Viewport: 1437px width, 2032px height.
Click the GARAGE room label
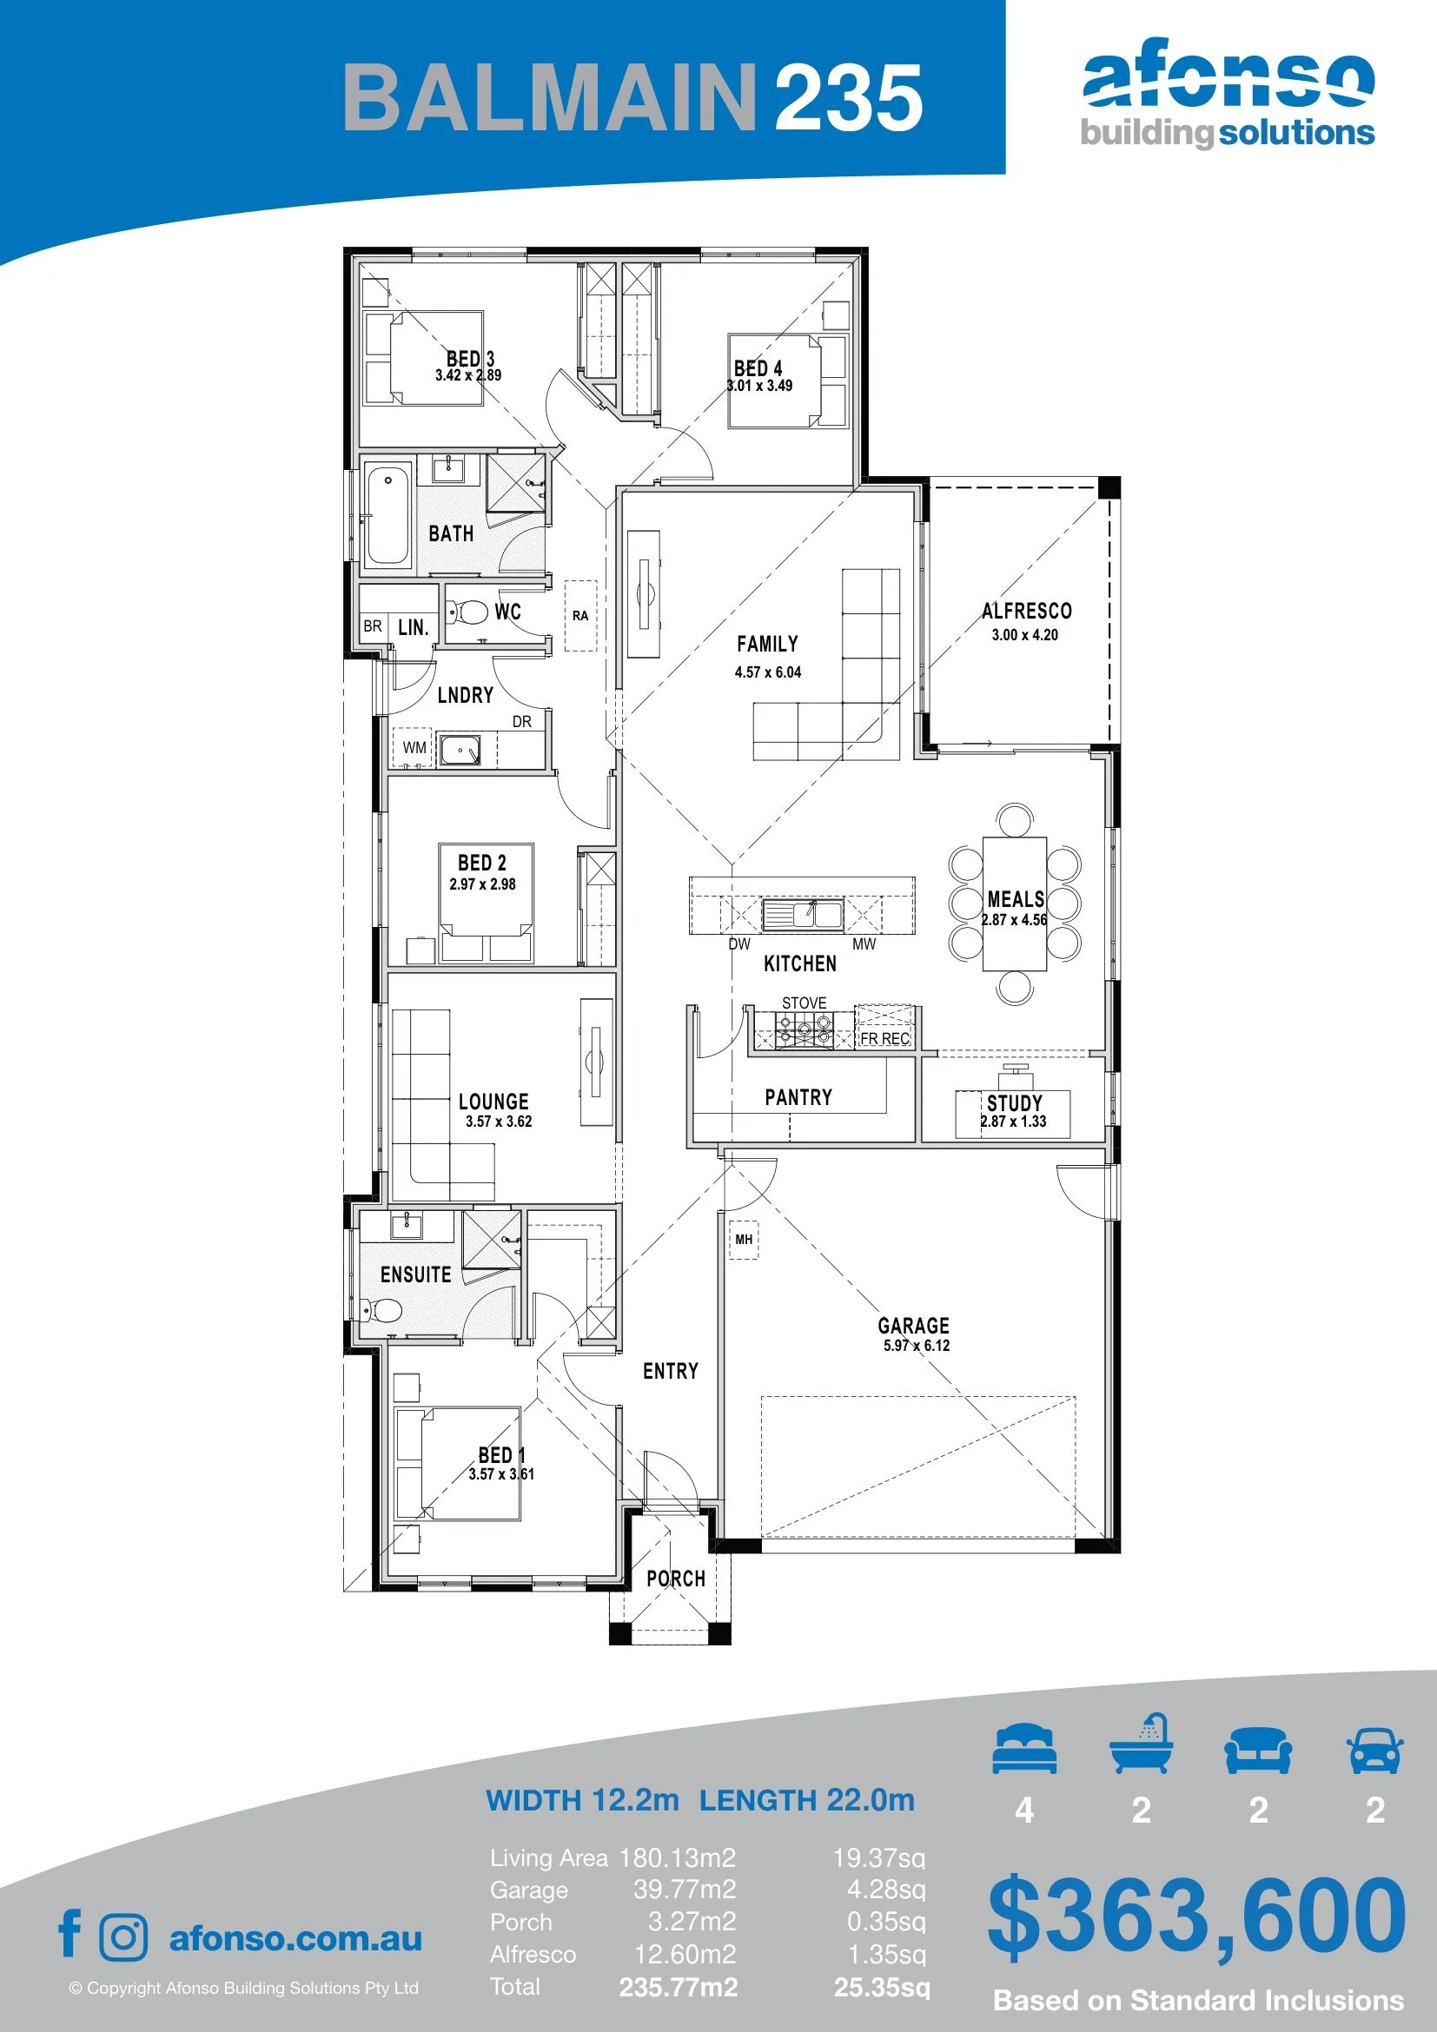[913, 1325]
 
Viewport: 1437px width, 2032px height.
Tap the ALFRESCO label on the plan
[1026, 611]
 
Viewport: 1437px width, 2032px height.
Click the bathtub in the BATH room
[387, 517]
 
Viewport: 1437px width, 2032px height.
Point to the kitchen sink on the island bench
[803, 913]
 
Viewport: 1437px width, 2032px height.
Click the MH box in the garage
[744, 1240]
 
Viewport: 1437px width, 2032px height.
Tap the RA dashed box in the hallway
[580, 615]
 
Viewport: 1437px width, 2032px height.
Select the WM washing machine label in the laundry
[414, 748]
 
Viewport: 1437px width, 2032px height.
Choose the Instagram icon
[124, 1937]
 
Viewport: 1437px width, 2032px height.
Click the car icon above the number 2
[1375, 1750]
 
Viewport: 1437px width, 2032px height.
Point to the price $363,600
[1196, 1915]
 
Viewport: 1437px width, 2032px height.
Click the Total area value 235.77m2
[679, 1987]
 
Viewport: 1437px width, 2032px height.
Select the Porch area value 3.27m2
[692, 1922]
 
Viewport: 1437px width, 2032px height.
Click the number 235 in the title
[850, 97]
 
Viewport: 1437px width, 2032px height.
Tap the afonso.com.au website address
[295, 1938]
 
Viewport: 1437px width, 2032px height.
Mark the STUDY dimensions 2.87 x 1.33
[1013, 1122]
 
